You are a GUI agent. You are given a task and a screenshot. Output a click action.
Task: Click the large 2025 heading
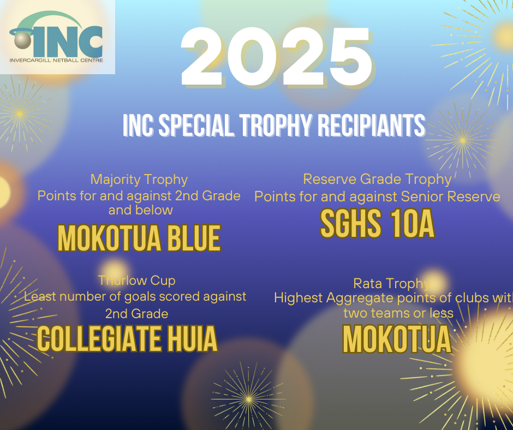277,57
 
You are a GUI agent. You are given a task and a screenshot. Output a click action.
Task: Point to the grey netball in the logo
22,41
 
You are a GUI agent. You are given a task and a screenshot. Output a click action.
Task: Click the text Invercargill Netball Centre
56,60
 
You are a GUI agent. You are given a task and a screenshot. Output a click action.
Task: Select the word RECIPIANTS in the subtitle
371,126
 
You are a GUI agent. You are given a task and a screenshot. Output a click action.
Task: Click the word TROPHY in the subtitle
276,126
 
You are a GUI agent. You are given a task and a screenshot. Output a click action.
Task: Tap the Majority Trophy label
139,180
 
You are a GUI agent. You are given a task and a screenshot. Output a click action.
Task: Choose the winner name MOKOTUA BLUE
139,238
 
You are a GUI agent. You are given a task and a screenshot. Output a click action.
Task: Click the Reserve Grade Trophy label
377,180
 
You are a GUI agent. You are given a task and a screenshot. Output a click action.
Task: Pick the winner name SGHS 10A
377,224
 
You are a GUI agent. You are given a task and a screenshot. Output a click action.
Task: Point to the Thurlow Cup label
137,280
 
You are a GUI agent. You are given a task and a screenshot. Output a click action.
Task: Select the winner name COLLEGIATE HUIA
127,339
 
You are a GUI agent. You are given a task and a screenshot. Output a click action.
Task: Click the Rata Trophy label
392,283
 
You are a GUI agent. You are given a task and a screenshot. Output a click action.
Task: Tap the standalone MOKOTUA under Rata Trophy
397,339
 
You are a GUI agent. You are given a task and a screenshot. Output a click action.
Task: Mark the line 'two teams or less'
398,313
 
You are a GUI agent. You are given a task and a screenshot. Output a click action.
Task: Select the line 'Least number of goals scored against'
135,296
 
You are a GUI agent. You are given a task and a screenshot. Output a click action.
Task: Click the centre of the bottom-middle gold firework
249,399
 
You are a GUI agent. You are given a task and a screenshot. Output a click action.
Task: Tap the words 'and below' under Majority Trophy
141,210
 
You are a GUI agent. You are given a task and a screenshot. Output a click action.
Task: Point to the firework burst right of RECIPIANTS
463,140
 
